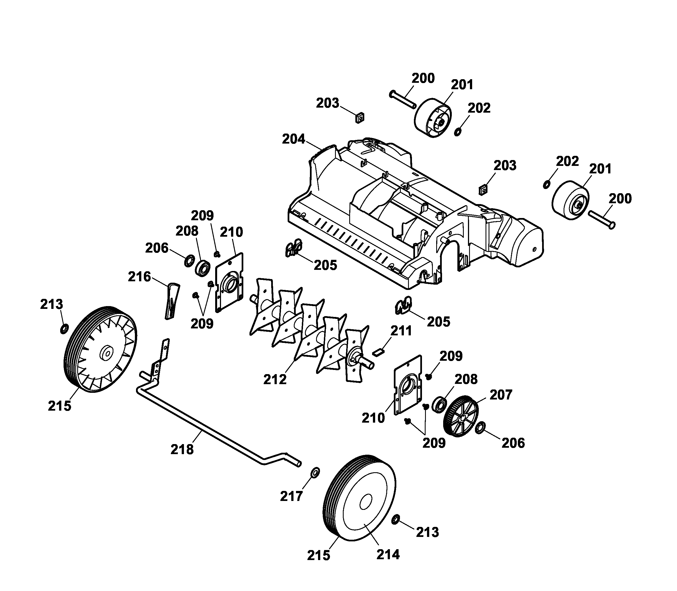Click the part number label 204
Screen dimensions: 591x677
click(x=293, y=139)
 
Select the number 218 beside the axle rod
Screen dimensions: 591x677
click(x=182, y=449)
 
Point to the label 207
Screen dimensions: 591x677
click(x=501, y=394)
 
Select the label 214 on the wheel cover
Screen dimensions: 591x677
click(x=388, y=554)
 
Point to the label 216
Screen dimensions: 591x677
click(x=139, y=277)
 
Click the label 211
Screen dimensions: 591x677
click(x=401, y=331)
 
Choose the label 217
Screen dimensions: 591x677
click(x=292, y=496)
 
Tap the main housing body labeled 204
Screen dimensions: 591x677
click(x=412, y=214)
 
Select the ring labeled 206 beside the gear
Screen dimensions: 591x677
click(x=480, y=427)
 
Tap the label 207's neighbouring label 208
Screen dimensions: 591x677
click(x=466, y=379)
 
